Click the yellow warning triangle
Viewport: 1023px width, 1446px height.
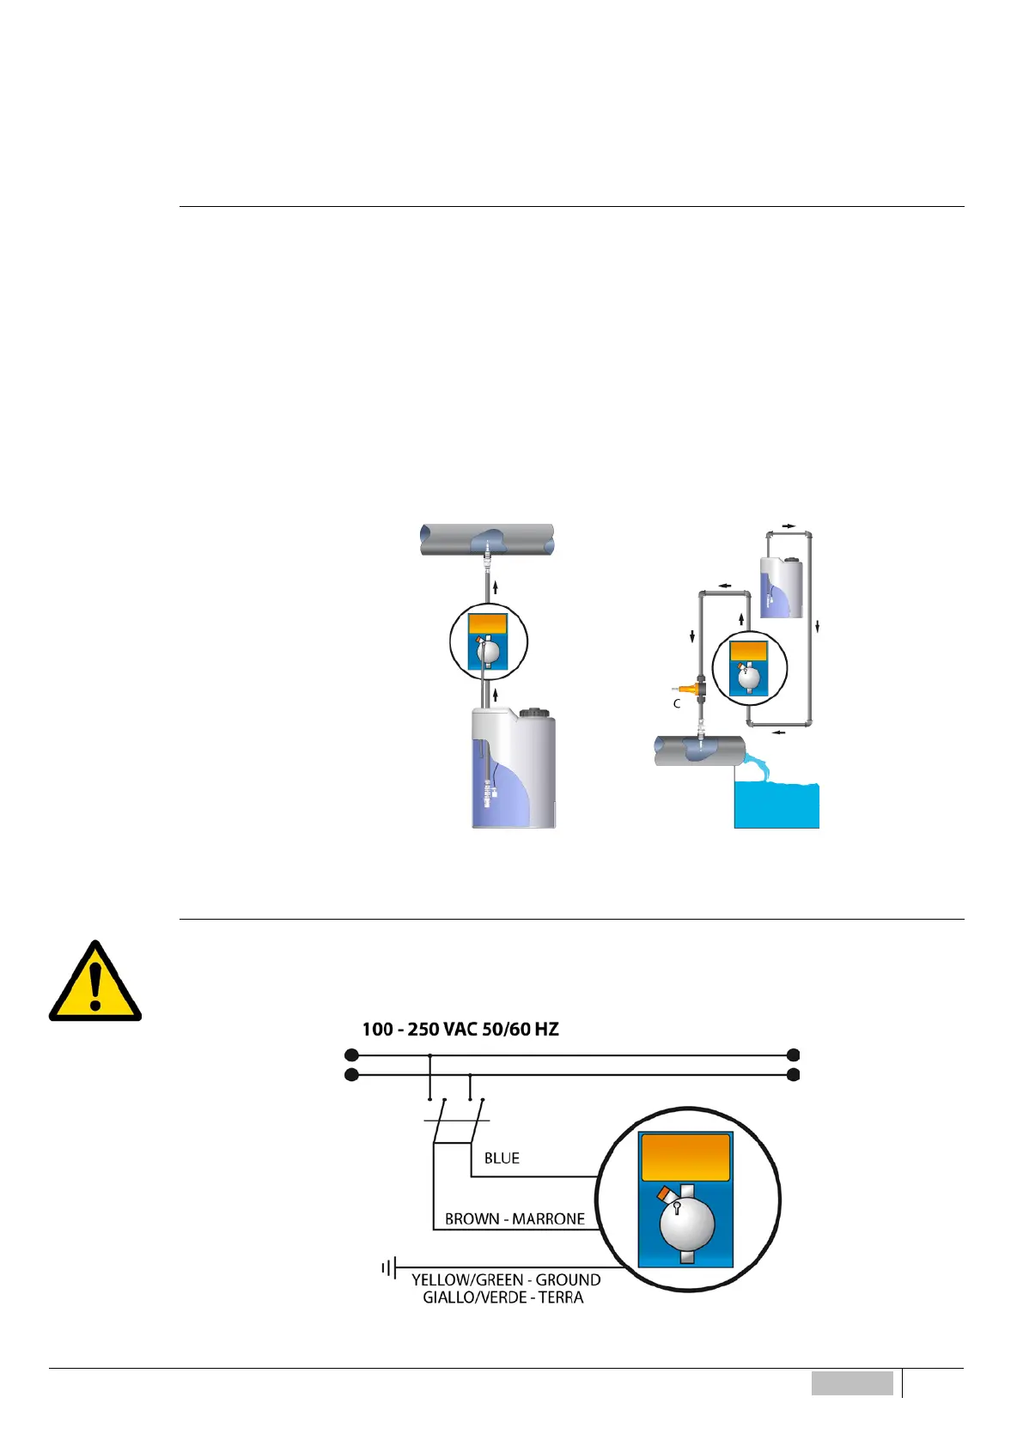coord(94,983)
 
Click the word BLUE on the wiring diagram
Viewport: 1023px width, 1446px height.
coord(502,1158)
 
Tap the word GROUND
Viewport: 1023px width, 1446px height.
coord(568,1279)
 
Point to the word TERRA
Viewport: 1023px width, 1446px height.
coord(561,1297)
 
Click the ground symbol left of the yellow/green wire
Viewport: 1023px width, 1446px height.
coord(389,1267)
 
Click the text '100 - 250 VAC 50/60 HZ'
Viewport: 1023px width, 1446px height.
coord(460,1029)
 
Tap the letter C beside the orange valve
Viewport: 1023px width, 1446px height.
coord(677,703)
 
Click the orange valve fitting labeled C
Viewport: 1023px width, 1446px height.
coord(687,688)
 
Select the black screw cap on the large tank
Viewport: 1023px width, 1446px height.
coord(537,712)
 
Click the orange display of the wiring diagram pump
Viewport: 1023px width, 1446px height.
coord(685,1157)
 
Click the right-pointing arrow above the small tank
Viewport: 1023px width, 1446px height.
coord(789,526)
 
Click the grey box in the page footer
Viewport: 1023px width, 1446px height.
coord(852,1383)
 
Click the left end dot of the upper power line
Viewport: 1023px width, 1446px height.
coord(350,1054)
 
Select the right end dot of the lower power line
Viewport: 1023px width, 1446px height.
coord(794,1075)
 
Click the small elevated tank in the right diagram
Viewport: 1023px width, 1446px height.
coord(782,587)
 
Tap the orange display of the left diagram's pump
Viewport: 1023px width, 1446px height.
coord(487,624)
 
